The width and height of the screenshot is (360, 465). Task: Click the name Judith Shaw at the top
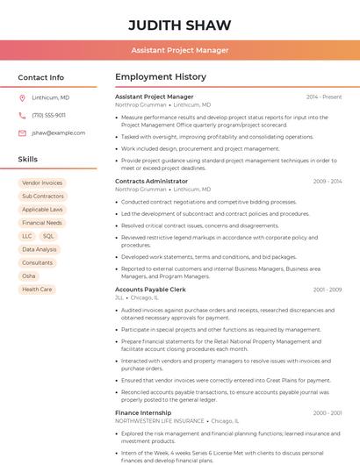[179, 24]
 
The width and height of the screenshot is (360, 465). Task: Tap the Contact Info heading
[40, 77]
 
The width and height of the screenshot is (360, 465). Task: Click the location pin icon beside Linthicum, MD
[22, 97]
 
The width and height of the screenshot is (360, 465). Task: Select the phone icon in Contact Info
[22, 115]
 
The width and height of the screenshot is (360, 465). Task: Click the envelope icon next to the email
[22, 132]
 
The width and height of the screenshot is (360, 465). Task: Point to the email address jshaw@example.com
[58, 132]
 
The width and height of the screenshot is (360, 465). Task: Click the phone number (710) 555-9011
[48, 115]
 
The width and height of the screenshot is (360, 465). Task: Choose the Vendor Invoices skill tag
[42, 183]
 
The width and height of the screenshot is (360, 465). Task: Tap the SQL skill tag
[48, 236]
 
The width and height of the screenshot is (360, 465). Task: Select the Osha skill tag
[29, 275]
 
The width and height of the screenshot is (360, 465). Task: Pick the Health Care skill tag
[37, 289]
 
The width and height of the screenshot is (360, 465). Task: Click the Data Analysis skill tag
[40, 249]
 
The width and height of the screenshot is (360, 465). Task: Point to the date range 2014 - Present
[324, 97]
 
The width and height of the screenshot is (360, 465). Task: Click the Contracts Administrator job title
[151, 181]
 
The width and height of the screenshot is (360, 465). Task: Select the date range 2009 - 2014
[327, 181]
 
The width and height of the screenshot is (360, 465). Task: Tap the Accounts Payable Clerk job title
[150, 289]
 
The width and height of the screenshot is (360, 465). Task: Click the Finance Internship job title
[144, 412]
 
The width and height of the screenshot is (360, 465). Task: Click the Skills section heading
[28, 159]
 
